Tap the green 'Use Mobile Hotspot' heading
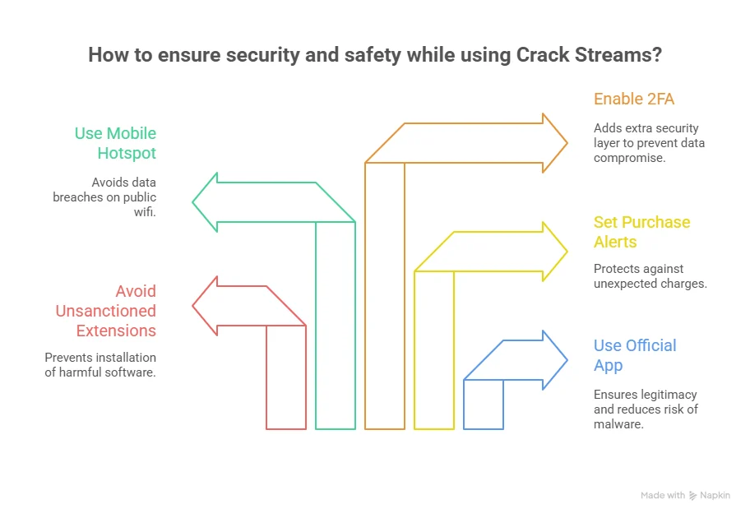[115, 143]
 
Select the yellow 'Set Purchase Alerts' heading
[641, 232]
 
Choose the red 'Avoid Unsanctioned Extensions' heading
[105, 311]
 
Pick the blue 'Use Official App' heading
[635, 355]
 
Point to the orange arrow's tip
[567, 143]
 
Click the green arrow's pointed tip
[193, 202]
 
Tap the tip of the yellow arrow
[567, 252]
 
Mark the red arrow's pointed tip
[193, 306]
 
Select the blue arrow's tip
[567, 360]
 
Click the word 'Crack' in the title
[543, 56]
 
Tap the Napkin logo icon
[693, 496]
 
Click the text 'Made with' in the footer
[663, 496]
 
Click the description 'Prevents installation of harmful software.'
[100, 364]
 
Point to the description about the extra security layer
[649, 143]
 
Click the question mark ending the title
[656, 56]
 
